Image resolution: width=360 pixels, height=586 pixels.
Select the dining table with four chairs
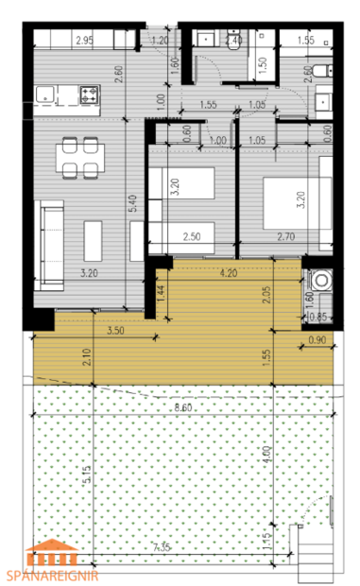pos(78,155)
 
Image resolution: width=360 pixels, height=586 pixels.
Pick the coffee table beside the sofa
pos(94,240)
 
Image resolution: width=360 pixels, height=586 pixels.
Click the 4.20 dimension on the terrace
pos(227,274)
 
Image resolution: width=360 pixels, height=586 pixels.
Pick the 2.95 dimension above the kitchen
pos(83,40)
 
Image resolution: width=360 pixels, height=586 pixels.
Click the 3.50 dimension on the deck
pos(116,331)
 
